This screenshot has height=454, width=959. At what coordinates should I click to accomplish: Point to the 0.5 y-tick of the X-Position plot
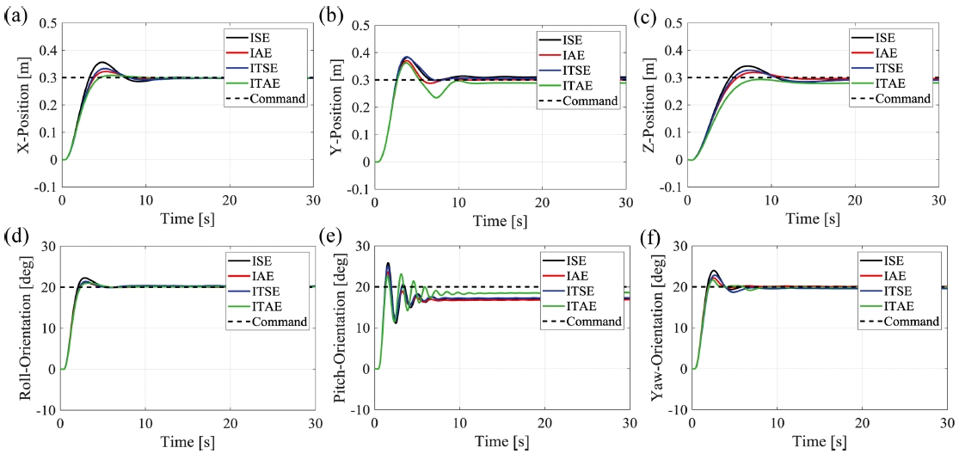(x=45, y=24)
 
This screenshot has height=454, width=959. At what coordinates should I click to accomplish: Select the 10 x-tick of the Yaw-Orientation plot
(x=778, y=426)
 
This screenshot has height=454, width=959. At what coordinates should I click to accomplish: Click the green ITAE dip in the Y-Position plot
(x=436, y=98)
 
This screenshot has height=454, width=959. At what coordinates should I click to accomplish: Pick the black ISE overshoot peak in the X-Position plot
(x=102, y=62)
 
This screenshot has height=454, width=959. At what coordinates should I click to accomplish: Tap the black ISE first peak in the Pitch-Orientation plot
(x=388, y=263)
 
